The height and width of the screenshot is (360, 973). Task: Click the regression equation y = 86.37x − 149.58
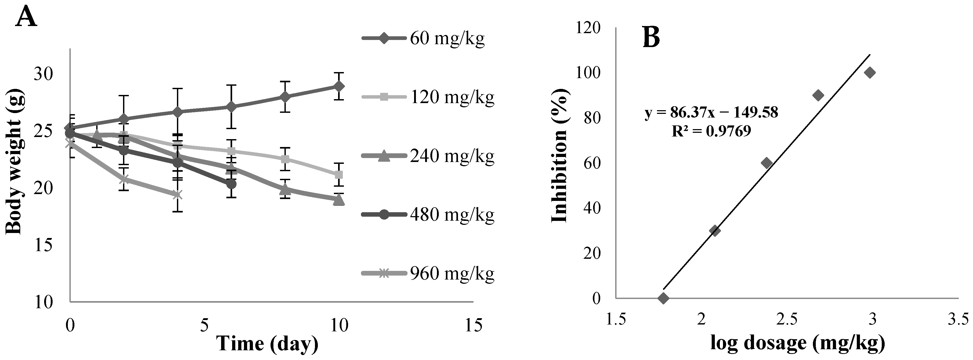711,112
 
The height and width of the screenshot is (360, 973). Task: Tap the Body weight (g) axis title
15,164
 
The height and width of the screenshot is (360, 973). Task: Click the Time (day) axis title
267,343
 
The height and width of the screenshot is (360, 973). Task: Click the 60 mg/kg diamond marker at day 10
339,86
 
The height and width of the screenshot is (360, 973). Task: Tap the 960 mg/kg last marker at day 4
177,195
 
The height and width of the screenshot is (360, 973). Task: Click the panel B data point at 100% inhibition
870,73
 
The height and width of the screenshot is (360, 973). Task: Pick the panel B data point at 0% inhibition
663,298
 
